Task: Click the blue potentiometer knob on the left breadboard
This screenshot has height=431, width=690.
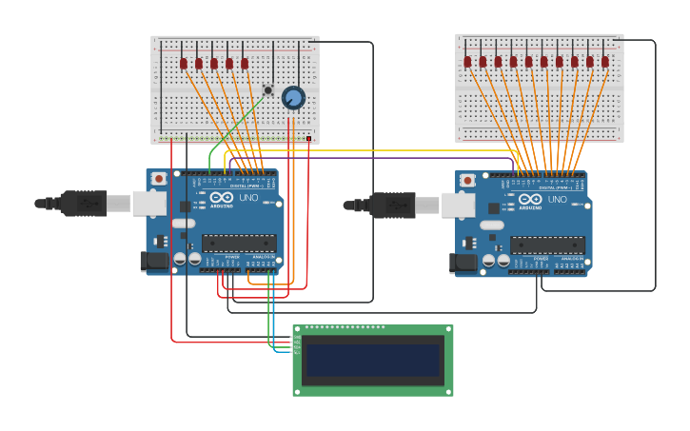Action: pos(293,97)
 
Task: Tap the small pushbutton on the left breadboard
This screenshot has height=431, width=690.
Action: pos(268,90)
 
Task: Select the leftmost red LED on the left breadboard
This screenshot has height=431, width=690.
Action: pos(184,64)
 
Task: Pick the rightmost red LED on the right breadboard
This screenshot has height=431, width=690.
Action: pos(604,62)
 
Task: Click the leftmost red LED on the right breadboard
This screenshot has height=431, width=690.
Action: pos(467,62)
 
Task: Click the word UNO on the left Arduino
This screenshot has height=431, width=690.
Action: pos(247,198)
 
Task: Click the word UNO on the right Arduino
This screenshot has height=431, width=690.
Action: pos(557,200)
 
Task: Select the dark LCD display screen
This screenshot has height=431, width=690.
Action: pos(372,361)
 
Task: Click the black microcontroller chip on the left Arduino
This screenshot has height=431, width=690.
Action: pos(239,243)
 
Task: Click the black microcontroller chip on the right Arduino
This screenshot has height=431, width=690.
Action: pos(547,245)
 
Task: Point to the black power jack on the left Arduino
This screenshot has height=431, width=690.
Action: pos(154,260)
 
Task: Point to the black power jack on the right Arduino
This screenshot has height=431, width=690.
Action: pos(464,263)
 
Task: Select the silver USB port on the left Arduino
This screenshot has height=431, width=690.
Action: pos(148,203)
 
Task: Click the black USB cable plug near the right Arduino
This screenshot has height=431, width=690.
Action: pos(390,204)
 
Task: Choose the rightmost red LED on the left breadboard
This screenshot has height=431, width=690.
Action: pos(245,64)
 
